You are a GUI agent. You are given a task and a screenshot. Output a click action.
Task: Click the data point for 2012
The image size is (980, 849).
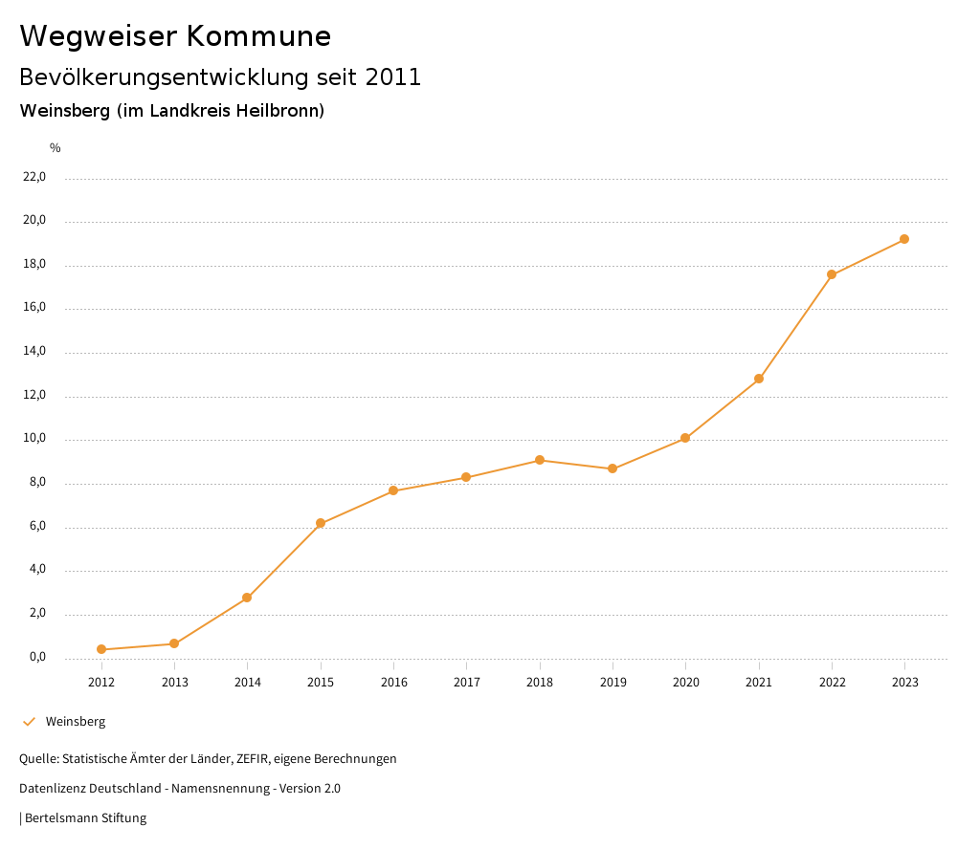[x=101, y=649]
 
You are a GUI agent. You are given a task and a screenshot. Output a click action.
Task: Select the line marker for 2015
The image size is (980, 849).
[x=321, y=523]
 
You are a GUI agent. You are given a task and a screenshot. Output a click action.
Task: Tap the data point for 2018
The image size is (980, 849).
[x=540, y=460]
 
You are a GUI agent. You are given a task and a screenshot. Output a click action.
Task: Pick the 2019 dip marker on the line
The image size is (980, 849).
[x=612, y=468]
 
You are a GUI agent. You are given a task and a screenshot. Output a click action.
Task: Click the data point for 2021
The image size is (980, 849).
[x=759, y=379]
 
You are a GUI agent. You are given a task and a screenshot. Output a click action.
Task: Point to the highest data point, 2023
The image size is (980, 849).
[x=904, y=239]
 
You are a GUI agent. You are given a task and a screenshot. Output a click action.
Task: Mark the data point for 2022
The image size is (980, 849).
[x=832, y=274]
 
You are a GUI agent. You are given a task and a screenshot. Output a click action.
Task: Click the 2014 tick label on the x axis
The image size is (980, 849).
[x=248, y=682]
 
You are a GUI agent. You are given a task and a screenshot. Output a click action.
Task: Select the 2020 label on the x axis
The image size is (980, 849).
[x=686, y=682]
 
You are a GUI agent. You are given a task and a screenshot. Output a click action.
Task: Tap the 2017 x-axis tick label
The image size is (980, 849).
[x=467, y=682]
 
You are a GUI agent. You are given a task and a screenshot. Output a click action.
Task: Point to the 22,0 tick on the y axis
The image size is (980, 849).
[x=34, y=177]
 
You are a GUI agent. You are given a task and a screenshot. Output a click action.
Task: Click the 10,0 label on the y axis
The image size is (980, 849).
[x=34, y=440]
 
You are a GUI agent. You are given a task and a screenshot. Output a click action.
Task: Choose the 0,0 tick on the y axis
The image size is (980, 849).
[x=37, y=658]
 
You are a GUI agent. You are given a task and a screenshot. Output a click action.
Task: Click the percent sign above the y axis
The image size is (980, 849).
[x=56, y=148]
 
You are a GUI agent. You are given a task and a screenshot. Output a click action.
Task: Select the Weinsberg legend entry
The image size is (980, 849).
[x=75, y=722]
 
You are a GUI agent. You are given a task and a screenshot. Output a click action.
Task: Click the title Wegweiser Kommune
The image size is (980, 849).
[x=175, y=36]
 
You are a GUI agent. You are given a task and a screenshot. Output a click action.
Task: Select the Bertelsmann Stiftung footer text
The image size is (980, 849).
[x=85, y=818]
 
